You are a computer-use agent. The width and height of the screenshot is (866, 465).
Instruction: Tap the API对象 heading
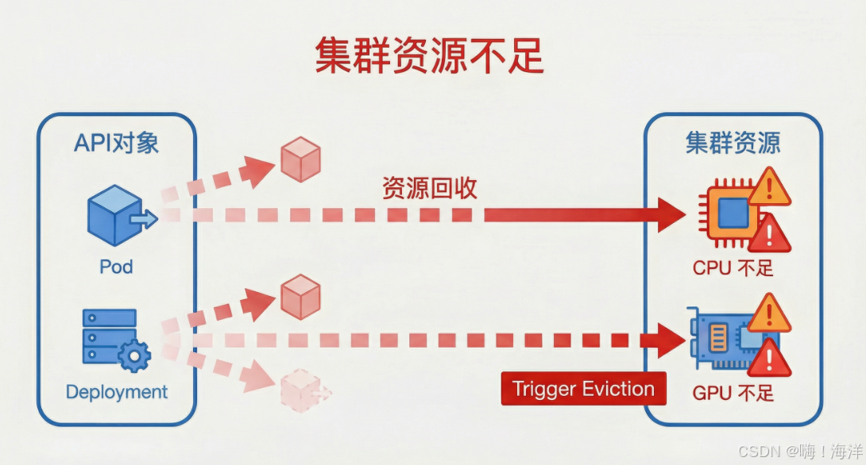116,143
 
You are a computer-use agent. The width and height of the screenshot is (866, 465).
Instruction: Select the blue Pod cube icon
116,215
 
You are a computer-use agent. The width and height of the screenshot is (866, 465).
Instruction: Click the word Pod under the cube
116,267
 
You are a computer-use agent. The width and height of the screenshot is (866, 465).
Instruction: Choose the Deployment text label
117,392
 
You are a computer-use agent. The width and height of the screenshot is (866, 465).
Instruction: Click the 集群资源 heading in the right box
733,143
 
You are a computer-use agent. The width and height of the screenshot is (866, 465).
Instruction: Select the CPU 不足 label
733,267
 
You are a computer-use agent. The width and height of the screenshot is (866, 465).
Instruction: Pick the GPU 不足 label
733,393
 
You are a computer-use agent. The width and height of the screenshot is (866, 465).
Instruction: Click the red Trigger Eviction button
583,389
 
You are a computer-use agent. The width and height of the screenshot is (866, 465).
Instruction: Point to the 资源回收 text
430,188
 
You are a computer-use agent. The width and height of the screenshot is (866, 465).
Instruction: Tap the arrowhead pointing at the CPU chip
671,214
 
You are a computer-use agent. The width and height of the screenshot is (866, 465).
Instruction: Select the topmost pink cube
300,158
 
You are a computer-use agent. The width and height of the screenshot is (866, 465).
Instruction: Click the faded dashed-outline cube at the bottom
300,390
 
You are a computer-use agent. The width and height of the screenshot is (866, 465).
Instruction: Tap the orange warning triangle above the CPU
768,187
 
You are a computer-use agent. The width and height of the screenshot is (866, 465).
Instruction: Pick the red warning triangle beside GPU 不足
768,360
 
